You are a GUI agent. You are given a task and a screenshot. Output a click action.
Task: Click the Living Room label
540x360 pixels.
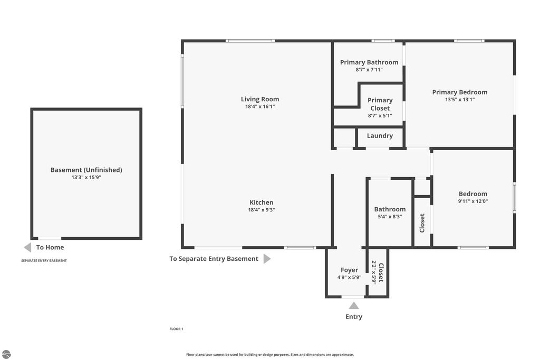260,99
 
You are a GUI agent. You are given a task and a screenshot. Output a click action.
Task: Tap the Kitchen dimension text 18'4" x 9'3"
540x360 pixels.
262,210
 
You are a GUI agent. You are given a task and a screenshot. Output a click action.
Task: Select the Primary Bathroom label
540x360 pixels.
369,62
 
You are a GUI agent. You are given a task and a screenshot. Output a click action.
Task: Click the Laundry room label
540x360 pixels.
380,135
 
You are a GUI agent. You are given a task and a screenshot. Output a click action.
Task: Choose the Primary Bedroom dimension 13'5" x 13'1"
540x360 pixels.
460,100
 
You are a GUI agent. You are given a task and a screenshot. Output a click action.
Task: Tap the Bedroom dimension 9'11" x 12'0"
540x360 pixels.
472,201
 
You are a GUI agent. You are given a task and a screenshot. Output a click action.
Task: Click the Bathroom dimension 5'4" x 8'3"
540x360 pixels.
390,216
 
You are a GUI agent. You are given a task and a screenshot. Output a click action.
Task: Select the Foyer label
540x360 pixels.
349,270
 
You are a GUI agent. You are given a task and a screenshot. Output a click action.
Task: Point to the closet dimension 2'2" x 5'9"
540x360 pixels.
374,273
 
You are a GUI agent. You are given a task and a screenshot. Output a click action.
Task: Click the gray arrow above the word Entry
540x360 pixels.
354,305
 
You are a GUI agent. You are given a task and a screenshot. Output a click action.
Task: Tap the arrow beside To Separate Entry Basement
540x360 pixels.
267,259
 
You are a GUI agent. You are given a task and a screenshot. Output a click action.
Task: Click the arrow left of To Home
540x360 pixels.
27,247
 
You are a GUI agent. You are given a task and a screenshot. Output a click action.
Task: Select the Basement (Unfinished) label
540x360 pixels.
86,170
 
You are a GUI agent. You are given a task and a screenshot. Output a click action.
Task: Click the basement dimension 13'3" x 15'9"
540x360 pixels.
86,178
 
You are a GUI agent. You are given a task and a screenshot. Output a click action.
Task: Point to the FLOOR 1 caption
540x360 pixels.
176,329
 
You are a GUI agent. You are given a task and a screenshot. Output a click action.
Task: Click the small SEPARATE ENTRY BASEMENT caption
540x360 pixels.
44,260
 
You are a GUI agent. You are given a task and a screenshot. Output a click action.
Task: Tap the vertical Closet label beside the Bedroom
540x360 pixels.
422,223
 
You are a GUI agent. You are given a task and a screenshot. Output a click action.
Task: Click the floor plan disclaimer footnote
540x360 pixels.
270,355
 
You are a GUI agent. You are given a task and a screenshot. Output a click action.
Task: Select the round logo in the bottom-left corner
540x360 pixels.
6,354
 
